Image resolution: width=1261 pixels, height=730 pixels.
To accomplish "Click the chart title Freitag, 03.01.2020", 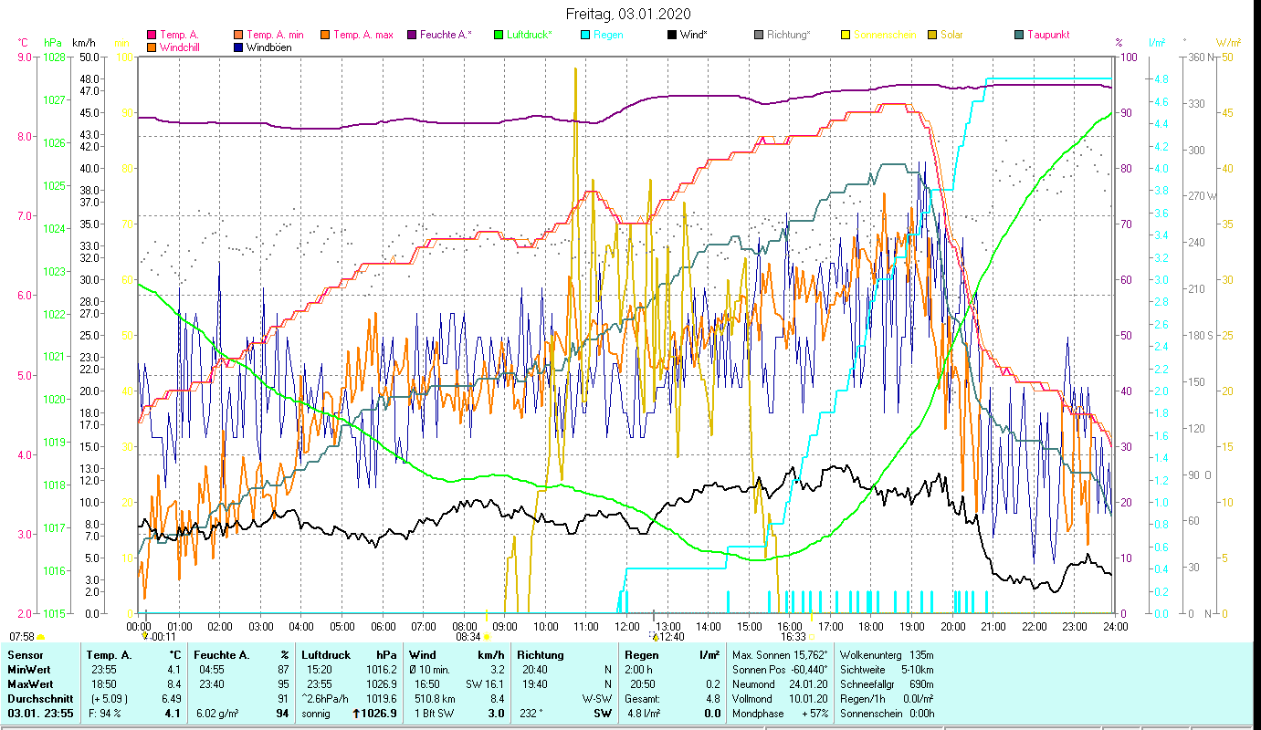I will point(628,14).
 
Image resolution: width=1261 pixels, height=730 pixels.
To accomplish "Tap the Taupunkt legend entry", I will point(1047,35).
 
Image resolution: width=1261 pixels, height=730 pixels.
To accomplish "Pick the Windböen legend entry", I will point(268,47).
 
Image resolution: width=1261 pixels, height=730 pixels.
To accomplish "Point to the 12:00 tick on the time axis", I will point(627,626).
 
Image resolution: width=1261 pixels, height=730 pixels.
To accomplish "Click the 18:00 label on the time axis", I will point(871,626).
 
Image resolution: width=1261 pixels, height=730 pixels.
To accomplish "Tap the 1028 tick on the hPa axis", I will point(54,57).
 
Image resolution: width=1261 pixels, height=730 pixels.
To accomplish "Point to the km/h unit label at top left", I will point(83,43).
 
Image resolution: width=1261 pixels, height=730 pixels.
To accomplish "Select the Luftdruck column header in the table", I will point(325,655).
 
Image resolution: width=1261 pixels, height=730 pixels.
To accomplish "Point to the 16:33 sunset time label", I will point(793,637).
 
